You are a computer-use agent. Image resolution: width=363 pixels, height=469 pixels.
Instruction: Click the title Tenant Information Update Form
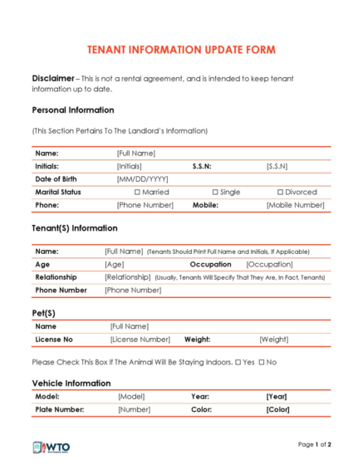181,50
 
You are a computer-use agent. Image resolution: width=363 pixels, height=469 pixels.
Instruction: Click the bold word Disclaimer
53,78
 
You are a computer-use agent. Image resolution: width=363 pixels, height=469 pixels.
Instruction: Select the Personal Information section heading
73,110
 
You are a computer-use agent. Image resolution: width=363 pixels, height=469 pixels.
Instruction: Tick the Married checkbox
137,192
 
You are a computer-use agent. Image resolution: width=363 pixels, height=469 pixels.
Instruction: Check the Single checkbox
214,192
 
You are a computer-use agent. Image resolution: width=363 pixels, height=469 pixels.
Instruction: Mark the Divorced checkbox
280,192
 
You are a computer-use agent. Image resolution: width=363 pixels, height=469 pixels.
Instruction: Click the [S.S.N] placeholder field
277,166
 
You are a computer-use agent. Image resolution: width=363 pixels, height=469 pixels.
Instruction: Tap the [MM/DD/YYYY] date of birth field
142,178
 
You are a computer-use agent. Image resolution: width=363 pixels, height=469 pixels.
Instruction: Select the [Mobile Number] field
295,204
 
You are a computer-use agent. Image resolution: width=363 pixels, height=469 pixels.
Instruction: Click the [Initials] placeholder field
135,166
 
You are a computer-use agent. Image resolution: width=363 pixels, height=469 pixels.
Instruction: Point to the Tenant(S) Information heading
75,227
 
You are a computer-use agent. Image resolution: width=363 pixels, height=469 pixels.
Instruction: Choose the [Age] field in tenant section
114,264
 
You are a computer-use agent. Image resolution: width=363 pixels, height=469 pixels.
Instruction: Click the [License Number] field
140,340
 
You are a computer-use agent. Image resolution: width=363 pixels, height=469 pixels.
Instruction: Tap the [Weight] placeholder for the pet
273,340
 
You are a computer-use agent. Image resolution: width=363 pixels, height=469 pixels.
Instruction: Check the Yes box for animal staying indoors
238,362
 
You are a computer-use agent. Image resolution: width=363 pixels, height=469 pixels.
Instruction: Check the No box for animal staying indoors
262,362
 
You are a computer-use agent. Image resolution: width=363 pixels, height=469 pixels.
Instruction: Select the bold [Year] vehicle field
277,397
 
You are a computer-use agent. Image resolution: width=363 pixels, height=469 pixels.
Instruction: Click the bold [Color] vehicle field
277,409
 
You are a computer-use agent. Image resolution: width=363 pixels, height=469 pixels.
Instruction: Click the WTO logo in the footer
52,448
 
